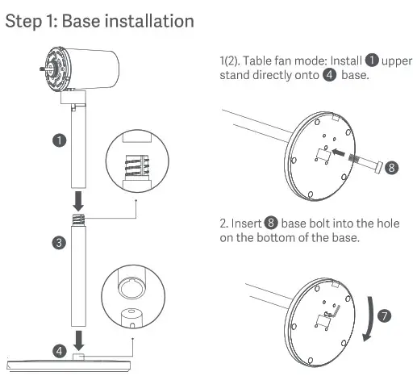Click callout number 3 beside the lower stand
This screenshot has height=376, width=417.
tap(59, 242)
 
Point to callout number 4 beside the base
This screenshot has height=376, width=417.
tap(59, 350)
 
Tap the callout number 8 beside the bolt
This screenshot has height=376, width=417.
tap(391, 168)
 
